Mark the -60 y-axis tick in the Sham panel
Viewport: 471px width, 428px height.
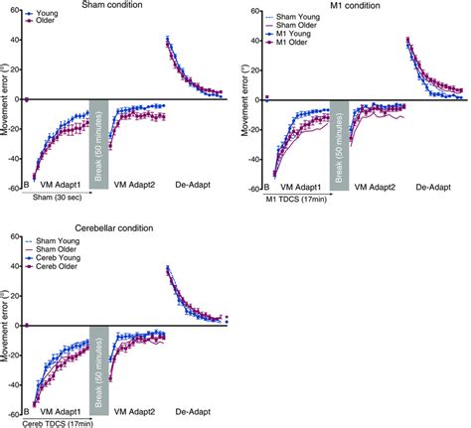pyautogui.click(x=16, y=189)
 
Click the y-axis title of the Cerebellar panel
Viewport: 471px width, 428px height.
pyautogui.click(x=6, y=324)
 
